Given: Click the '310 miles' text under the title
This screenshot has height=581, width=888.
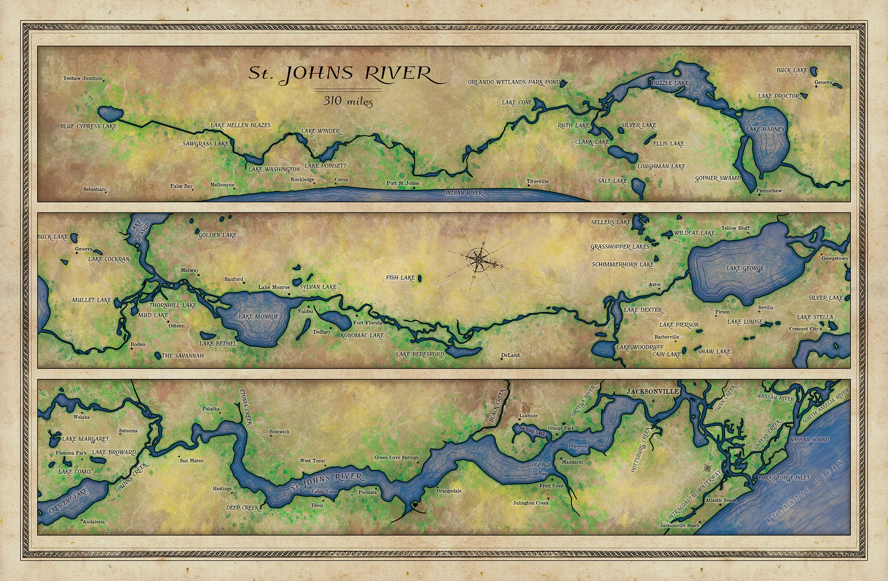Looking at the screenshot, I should (x=348, y=101).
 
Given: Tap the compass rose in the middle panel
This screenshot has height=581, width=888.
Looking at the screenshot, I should (x=479, y=260).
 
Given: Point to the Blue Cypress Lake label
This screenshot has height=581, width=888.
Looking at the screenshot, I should (x=88, y=127).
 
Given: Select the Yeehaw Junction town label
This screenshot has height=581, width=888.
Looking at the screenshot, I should (x=83, y=79).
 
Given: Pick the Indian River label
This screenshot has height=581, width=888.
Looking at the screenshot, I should (x=464, y=193).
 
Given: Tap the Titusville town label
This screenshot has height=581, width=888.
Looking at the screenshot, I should (x=537, y=181).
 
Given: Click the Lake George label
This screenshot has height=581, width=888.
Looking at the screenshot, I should (x=745, y=268).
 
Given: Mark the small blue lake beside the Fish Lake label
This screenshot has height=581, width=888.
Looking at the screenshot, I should (x=420, y=278).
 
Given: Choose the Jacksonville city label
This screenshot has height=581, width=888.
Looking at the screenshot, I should (x=652, y=391).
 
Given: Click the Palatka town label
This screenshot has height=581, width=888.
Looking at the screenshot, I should (x=211, y=408).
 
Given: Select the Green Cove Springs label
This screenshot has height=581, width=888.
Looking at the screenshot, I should (x=396, y=458).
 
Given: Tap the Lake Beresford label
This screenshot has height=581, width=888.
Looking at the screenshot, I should (x=420, y=354).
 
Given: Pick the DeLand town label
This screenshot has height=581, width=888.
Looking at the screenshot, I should (x=510, y=355).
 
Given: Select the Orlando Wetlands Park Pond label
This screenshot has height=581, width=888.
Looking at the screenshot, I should (x=514, y=82).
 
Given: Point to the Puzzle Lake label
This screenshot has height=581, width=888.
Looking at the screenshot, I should (x=670, y=82).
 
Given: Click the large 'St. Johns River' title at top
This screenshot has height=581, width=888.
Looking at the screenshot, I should (x=340, y=74).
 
